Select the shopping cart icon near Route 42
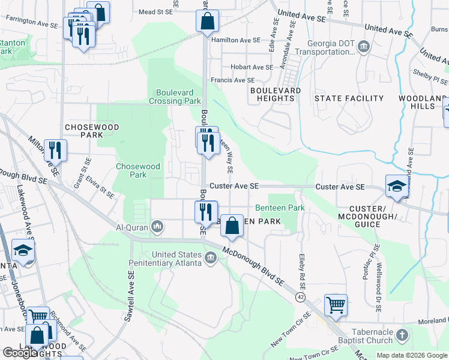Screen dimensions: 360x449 pyautogui.click(x=336, y=304)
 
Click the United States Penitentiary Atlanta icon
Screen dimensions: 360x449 pyautogui.click(x=210, y=258)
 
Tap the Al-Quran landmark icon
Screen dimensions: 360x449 pyautogui.click(x=157, y=226)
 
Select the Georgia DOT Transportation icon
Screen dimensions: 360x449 pyautogui.click(x=364, y=47)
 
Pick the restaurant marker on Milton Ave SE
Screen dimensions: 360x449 pyautogui.click(x=55, y=151)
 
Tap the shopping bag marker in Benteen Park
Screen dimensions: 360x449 pyautogui.click(x=232, y=226)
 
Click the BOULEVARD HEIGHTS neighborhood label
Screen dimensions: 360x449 pyautogui.click(x=276, y=94)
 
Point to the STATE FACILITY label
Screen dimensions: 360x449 pyautogui.click(x=349, y=98)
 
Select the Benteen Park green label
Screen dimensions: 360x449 pyautogui.click(x=280, y=208)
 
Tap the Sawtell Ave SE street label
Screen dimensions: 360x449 pyautogui.click(x=130, y=296)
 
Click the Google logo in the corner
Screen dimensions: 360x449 pyautogui.click(x=20, y=353)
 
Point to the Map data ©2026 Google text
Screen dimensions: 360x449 pyautogui.click(x=412, y=355)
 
